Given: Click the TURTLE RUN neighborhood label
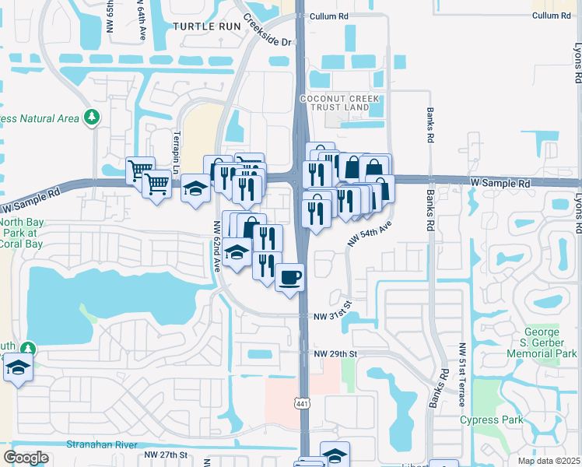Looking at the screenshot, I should [x=203, y=26].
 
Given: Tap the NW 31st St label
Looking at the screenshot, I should [x=334, y=317].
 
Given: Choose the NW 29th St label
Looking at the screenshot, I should [x=335, y=354].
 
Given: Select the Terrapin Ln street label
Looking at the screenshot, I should [x=176, y=148].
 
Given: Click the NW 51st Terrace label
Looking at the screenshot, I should [x=462, y=374].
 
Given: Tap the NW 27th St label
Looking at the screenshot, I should [x=167, y=455].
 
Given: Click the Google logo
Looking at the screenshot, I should [x=26, y=458].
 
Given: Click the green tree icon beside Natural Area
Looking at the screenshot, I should [x=93, y=118].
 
